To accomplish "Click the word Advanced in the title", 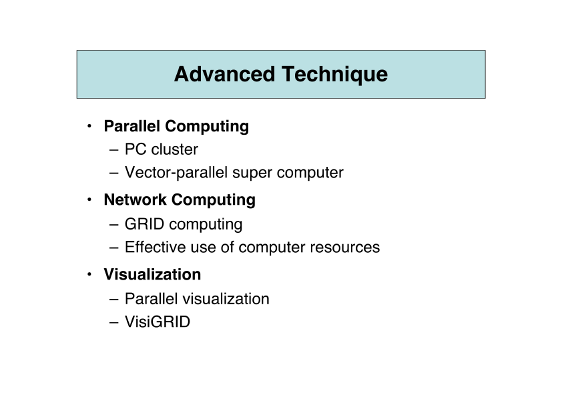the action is (225, 74).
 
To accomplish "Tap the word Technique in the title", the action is (335, 75).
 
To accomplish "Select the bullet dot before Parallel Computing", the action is (89, 125).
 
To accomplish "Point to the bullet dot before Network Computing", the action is (89, 200).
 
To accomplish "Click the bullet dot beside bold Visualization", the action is (89, 274).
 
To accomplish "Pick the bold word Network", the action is (135, 200).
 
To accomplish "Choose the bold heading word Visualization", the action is (152, 274).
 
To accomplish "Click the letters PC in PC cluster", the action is (135, 149).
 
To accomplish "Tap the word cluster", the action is (175, 149).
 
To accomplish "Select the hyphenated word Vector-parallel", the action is (176, 173).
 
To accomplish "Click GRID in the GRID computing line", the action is (144, 224).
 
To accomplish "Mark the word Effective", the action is (156, 248).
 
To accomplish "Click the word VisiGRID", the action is (158, 322).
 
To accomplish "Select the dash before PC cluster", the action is (114, 150).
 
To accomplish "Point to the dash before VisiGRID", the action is (114, 322).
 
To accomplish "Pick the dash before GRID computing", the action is (114, 225).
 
